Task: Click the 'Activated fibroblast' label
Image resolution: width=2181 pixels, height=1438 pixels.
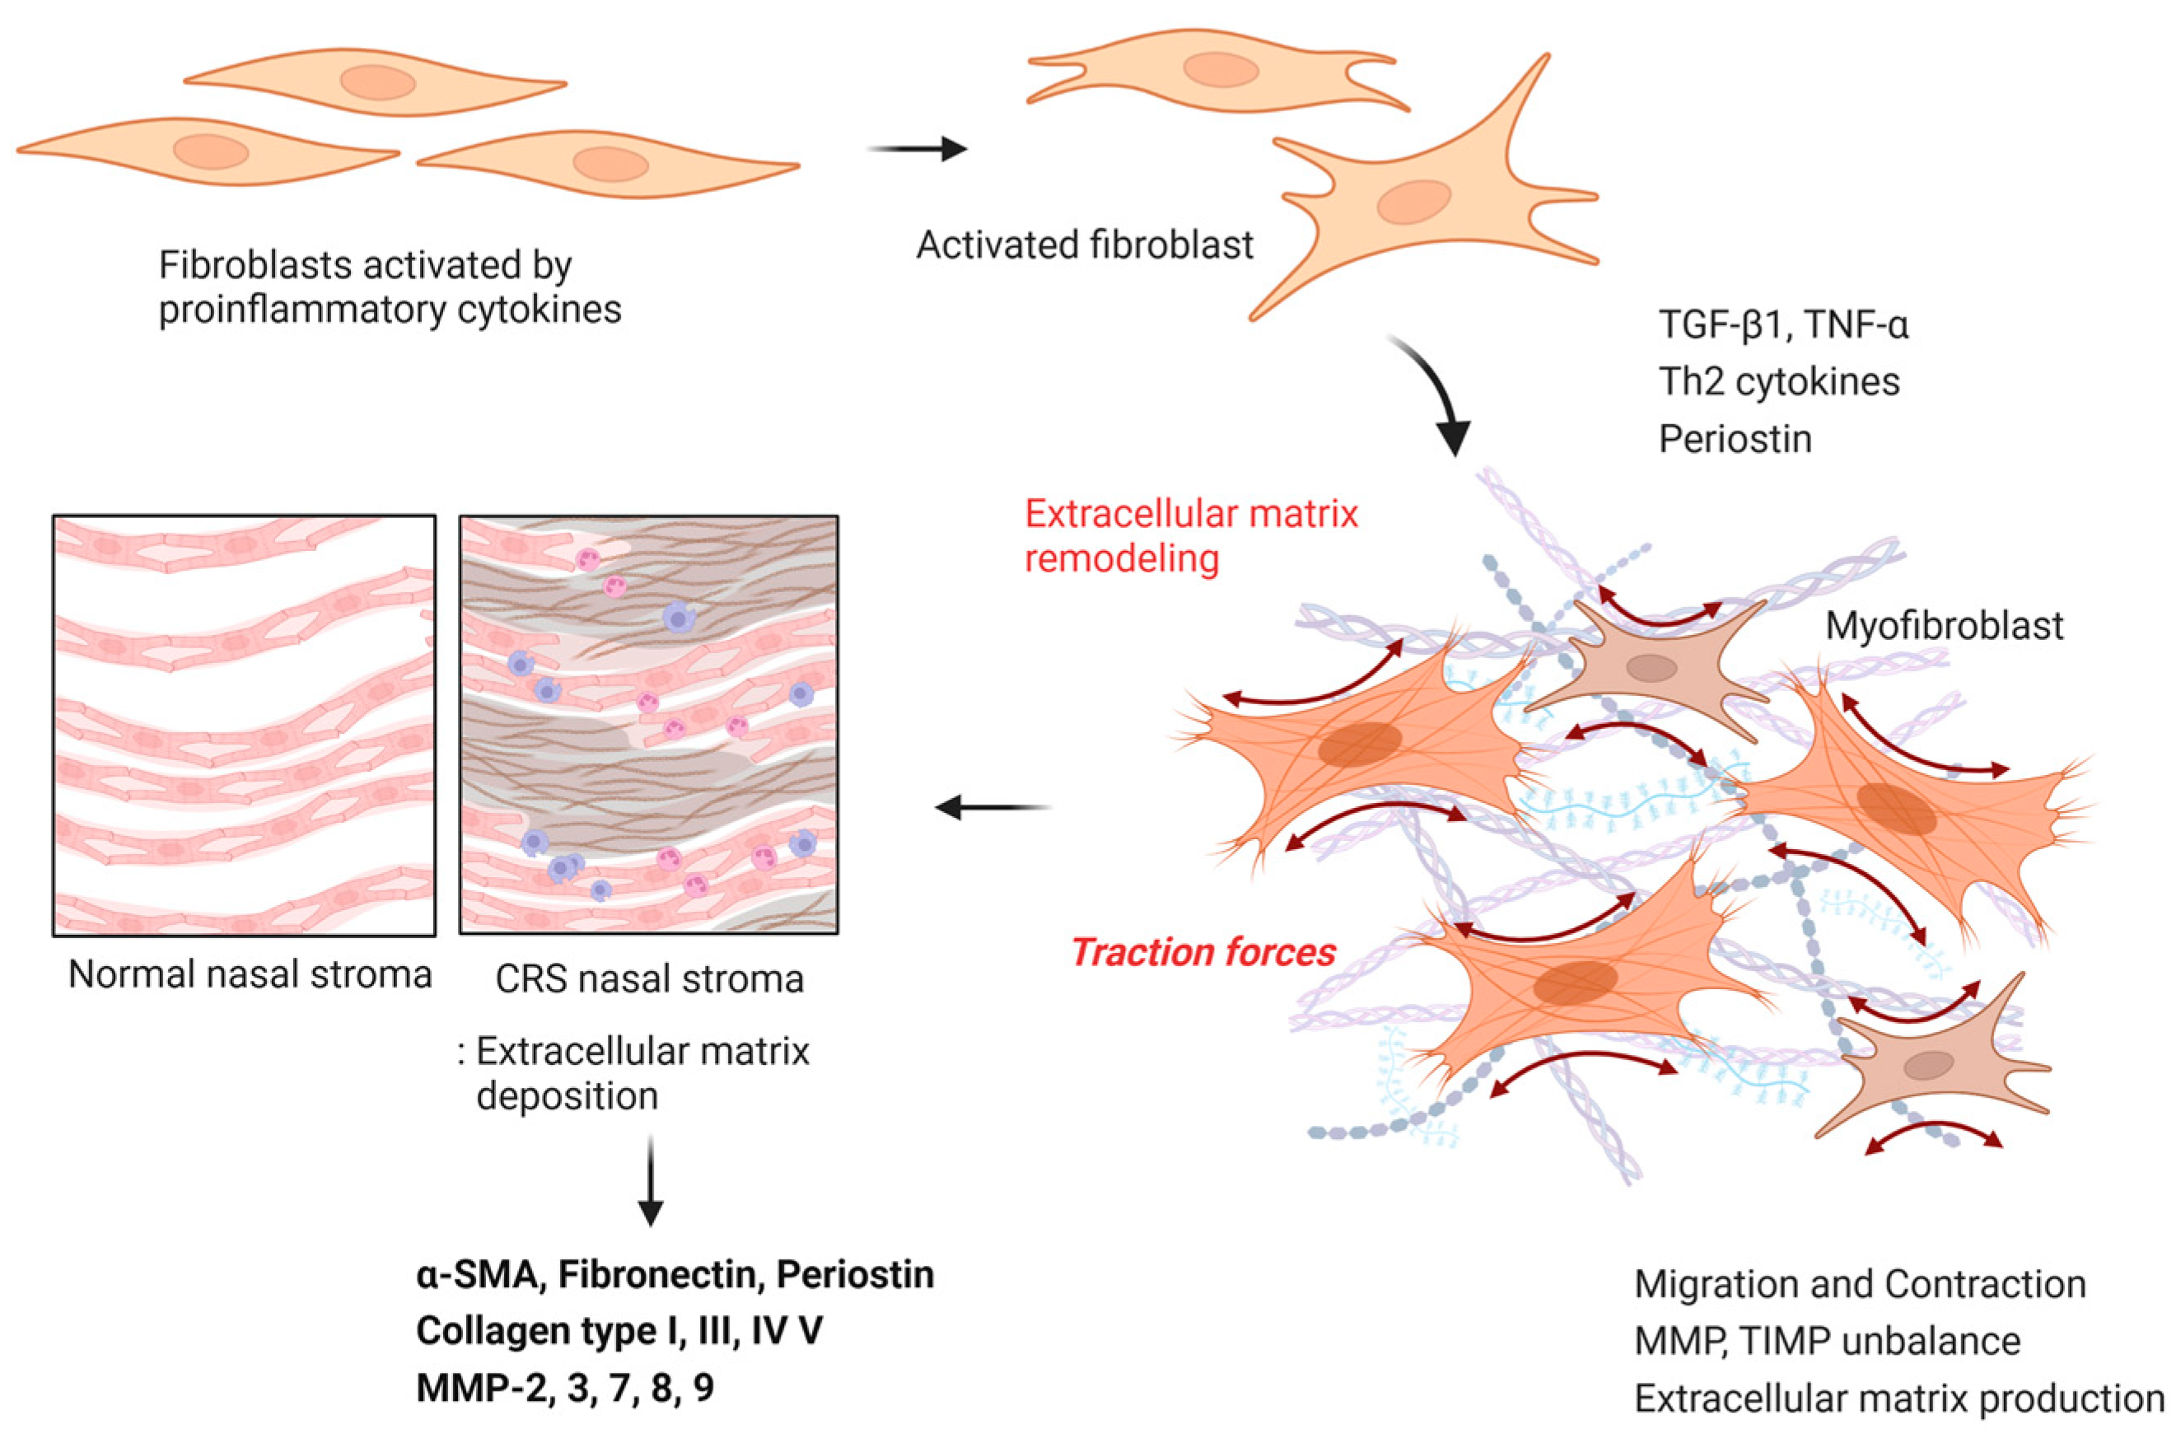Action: [x=1084, y=245]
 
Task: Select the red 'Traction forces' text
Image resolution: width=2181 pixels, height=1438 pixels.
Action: [x=1203, y=952]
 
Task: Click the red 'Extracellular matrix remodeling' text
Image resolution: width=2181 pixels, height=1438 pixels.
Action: [x=1189, y=535]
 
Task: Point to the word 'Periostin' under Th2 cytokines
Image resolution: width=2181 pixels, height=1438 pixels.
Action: [x=1735, y=439]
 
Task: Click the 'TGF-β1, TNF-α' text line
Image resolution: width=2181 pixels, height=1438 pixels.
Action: [x=1783, y=324]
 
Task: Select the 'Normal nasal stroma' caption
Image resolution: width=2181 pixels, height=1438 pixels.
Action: [x=250, y=975]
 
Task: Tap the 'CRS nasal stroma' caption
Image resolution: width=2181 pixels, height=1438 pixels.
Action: [x=649, y=979]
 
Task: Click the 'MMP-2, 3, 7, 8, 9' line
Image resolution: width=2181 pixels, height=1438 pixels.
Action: [x=564, y=1388]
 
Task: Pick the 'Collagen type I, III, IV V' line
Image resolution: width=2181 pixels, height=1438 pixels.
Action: [x=619, y=1331]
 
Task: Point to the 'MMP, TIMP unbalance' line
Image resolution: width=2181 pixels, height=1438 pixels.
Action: [x=1827, y=1341]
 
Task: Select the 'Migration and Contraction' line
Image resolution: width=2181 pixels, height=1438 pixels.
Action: [x=1859, y=1284]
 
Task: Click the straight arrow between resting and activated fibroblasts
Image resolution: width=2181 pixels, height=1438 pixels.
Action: [x=918, y=148]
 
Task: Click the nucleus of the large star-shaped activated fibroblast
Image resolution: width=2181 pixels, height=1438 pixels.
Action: [x=1413, y=203]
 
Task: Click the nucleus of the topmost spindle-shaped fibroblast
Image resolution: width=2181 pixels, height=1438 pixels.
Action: [x=377, y=82]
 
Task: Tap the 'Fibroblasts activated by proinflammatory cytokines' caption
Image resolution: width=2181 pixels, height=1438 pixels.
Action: [x=390, y=287]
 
